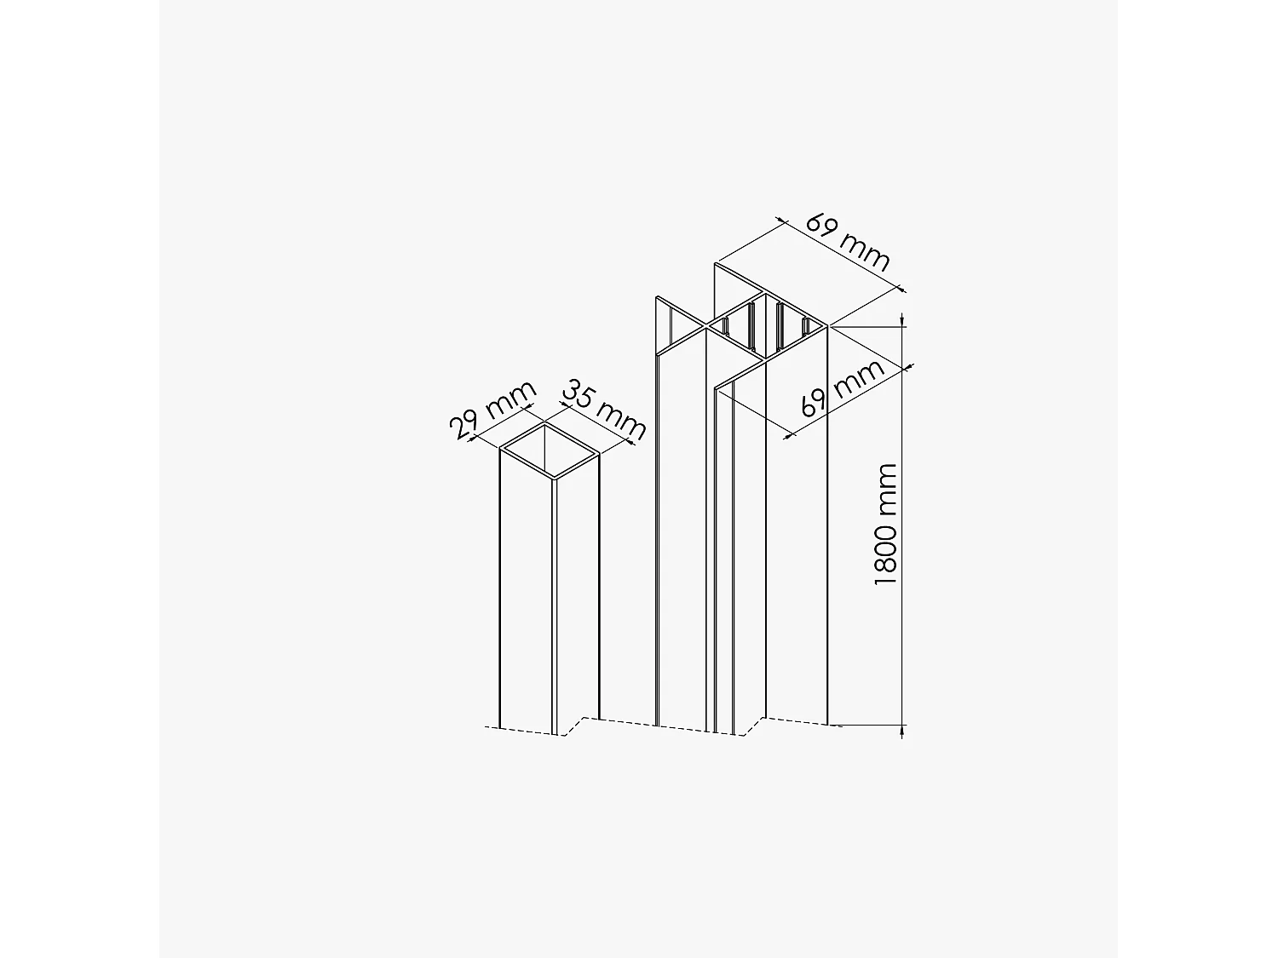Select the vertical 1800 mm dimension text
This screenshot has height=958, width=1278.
pyautogui.click(x=886, y=525)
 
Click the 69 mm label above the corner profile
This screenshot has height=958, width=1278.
pyautogui.click(x=848, y=243)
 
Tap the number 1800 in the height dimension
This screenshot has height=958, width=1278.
pyautogui.click(x=886, y=554)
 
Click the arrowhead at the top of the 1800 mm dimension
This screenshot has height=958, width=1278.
pyautogui.click(x=903, y=321)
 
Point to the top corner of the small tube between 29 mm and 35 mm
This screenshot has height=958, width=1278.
pyautogui.click(x=545, y=422)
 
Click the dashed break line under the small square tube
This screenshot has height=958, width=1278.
pyautogui.click(x=528, y=731)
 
